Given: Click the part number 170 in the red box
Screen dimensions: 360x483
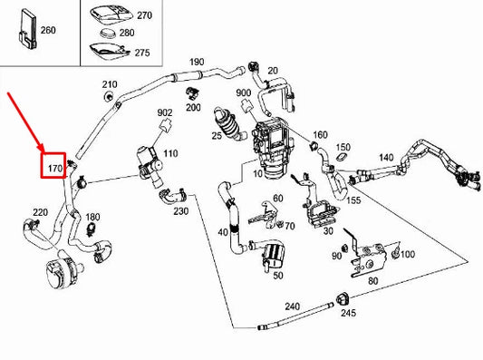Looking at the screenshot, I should click(53, 168).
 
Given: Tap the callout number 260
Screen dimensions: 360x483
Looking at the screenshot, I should click(48, 29).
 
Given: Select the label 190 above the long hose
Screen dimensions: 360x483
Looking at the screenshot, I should click(196, 63).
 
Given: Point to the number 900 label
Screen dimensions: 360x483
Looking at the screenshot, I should click(243, 93).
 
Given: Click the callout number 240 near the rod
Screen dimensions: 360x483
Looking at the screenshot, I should click(292, 306).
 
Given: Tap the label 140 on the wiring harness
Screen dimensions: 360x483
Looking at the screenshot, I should click(385, 157).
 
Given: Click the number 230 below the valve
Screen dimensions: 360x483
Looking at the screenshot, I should click(181, 212).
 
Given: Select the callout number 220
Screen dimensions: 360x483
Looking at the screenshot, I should click(40, 212).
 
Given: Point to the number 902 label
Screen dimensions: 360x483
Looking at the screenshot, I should click(164, 112).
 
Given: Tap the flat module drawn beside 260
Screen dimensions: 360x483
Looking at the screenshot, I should click(24, 28).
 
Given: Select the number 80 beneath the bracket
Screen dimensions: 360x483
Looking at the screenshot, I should click(373, 281).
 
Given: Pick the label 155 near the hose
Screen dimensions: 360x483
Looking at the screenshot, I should click(353, 199).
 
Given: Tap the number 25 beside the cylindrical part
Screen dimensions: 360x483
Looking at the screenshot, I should click(217, 136).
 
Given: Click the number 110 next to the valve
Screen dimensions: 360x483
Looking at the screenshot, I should click(170, 154).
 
